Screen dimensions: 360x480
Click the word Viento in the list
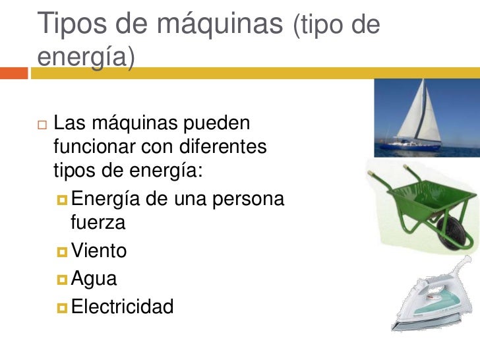pyautogui.click(x=99, y=251)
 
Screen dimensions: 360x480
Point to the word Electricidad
pyautogui.click(x=122, y=307)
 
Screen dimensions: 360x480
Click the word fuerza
pyautogui.click(x=98, y=222)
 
